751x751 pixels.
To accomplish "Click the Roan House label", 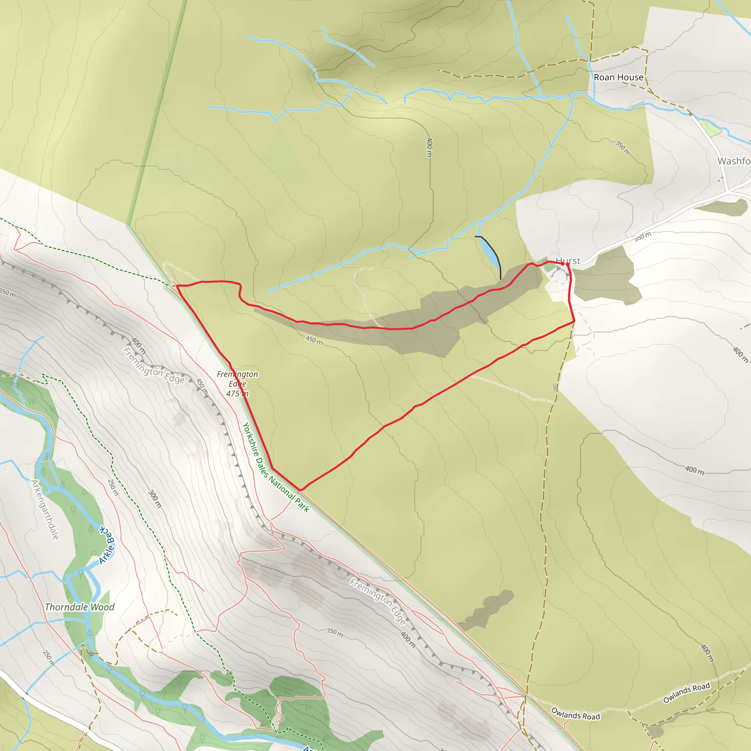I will tap(618, 77).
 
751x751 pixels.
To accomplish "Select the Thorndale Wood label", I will tap(80, 607).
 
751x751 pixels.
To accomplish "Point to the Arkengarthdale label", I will tap(45, 510).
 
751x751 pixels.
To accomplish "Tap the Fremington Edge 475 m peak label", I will tap(237, 384).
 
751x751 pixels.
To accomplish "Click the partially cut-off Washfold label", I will tap(734, 161).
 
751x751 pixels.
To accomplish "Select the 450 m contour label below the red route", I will tap(314, 340).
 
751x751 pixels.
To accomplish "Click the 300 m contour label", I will tap(155, 499).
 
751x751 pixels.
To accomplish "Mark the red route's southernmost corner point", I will tap(300, 491).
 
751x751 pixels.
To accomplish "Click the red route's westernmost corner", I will tap(177, 286).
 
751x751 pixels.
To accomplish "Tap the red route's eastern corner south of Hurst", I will tap(574, 322).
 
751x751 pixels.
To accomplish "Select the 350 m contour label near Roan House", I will tap(622, 148).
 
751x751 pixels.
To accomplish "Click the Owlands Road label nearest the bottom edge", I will tap(575, 714).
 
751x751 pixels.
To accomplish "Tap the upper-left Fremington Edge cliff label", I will tap(154, 365).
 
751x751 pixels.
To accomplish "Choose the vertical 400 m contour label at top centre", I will tap(429, 147).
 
